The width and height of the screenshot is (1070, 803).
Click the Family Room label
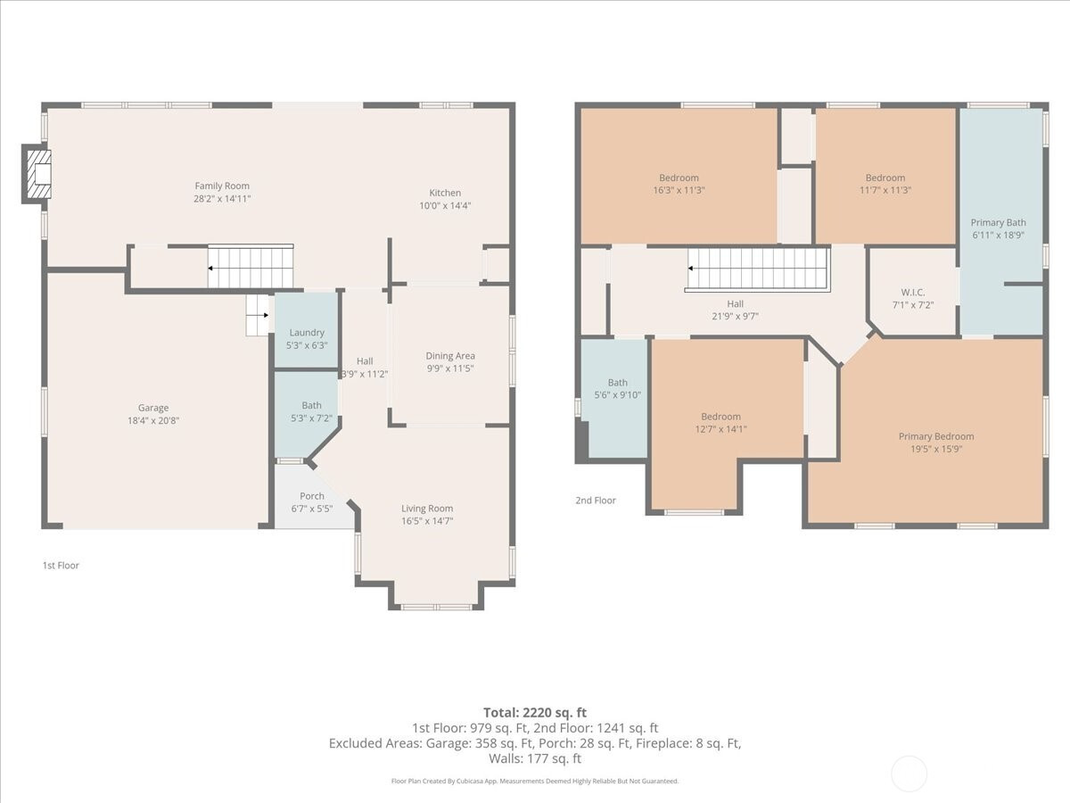click(222, 186)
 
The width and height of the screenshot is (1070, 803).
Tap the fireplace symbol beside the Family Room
click(37, 174)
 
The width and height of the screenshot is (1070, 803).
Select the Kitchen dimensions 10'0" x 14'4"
click(445, 206)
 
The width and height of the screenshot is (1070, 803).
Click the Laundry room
click(307, 329)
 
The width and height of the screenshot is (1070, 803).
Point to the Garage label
click(153, 408)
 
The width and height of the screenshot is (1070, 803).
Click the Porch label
click(312, 496)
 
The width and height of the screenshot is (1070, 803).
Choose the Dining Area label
click(450, 356)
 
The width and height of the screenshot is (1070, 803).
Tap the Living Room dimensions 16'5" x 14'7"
click(427, 521)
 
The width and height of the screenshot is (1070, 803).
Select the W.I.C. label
click(912, 293)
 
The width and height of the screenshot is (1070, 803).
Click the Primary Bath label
click(998, 222)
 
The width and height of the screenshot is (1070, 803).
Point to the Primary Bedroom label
click(936, 436)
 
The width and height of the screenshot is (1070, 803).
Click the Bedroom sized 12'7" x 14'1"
click(720, 422)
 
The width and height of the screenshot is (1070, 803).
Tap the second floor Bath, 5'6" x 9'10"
click(617, 398)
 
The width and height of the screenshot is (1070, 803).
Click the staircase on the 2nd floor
click(758, 269)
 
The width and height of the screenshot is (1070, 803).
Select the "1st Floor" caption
click(61, 565)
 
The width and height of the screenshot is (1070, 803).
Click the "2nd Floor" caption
click(596, 501)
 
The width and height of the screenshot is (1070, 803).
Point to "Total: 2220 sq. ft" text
click(535, 713)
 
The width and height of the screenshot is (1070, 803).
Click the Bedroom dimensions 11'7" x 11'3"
click(885, 190)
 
